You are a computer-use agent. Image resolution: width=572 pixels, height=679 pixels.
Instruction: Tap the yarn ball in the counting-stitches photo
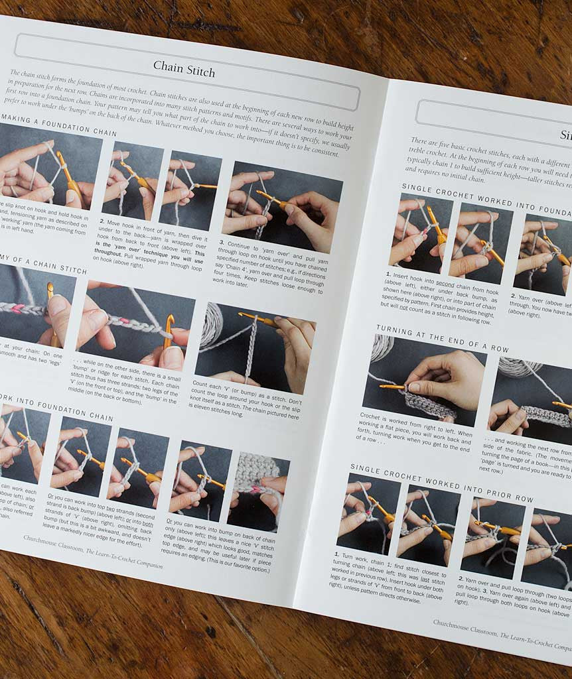tap(211, 323)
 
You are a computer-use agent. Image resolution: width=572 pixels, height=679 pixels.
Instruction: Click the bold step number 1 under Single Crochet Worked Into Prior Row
tap(336, 554)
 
